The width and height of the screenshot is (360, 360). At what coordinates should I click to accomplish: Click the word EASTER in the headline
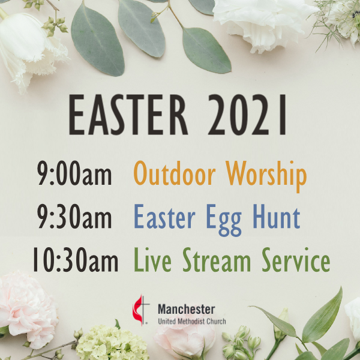[x=128, y=115]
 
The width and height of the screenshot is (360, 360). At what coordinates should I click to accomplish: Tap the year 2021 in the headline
[x=247, y=115]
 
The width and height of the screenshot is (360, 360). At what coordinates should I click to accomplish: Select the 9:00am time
[x=75, y=173]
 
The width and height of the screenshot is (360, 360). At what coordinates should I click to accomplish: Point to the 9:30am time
[x=75, y=216]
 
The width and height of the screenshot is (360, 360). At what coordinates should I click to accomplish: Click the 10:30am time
[x=76, y=259]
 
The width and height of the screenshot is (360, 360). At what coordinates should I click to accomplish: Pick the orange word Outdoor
[x=175, y=173]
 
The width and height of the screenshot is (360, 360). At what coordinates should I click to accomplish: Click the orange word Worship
[x=266, y=176]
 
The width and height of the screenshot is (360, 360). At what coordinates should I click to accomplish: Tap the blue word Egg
[x=224, y=220]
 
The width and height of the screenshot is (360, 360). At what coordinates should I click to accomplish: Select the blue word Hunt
[x=277, y=216]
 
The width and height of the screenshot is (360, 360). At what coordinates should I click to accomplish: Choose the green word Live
[x=152, y=260]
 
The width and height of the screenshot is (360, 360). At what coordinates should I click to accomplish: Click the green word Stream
[x=217, y=260]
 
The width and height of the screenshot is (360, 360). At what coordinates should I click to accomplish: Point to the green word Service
[x=296, y=260]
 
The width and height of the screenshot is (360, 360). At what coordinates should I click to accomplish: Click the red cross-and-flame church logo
[x=140, y=310]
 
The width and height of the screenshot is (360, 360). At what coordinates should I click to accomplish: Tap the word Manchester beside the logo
[x=187, y=309]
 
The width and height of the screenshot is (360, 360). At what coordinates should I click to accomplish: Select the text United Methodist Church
[x=192, y=321]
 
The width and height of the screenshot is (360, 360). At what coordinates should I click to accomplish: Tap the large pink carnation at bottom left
[x=28, y=310]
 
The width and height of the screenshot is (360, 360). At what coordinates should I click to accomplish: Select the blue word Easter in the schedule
[x=164, y=216]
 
